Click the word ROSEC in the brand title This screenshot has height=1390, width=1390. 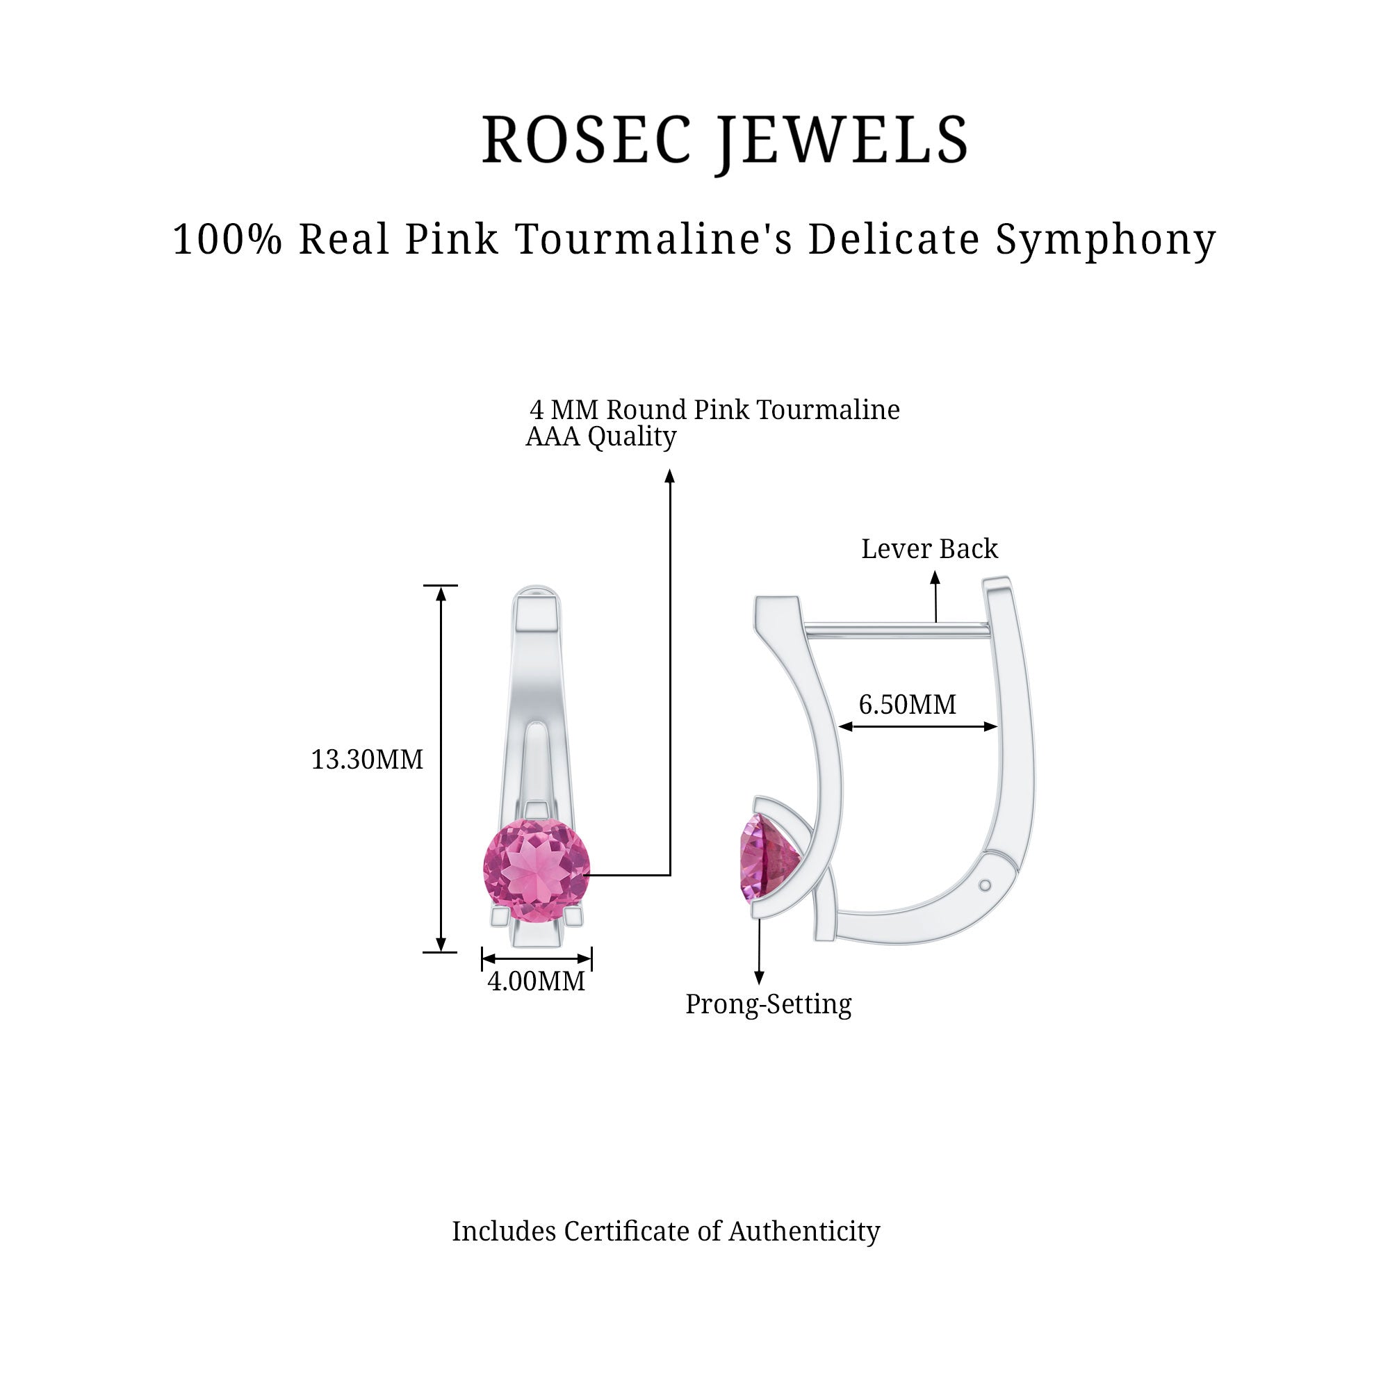(x=587, y=140)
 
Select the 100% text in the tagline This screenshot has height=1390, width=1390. (x=227, y=239)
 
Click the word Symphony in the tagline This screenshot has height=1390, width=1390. (x=1106, y=240)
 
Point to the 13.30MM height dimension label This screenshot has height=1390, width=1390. (x=367, y=760)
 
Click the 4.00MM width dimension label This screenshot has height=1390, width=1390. (x=536, y=981)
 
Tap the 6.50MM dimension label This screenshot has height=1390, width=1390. (x=907, y=704)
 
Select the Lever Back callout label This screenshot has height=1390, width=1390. (x=929, y=549)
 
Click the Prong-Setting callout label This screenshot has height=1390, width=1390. (x=768, y=1004)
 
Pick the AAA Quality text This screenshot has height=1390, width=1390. (x=600, y=436)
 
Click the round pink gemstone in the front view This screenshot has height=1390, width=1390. (x=536, y=870)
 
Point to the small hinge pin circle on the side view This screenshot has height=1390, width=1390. (x=986, y=885)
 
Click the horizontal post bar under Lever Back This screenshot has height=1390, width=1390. (x=896, y=630)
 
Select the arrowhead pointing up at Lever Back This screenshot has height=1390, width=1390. (x=935, y=577)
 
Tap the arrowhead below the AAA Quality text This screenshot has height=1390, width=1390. (x=670, y=475)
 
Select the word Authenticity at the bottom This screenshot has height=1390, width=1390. (x=803, y=1231)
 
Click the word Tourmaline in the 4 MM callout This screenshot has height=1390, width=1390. (x=827, y=410)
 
